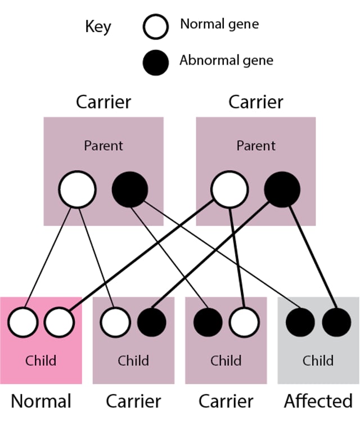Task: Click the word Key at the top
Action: click(98, 26)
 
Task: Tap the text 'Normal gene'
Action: click(219, 24)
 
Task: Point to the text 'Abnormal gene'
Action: click(226, 60)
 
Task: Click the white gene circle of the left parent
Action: click(78, 190)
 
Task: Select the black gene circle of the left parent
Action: click(129, 190)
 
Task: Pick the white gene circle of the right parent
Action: click(229, 190)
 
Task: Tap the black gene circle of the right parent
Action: click(281, 190)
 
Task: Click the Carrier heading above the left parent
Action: click(103, 102)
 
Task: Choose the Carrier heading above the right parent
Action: click(255, 102)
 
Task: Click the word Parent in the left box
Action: click(103, 146)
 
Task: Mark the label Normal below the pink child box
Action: click(41, 402)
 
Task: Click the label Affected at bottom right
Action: click(318, 402)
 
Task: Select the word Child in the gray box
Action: click(318, 360)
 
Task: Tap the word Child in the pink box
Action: click(41, 360)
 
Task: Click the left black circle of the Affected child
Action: click(300, 322)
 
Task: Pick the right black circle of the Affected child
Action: click(336, 322)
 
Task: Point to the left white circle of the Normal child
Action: click(23, 322)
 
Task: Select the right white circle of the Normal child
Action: click(59, 322)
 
